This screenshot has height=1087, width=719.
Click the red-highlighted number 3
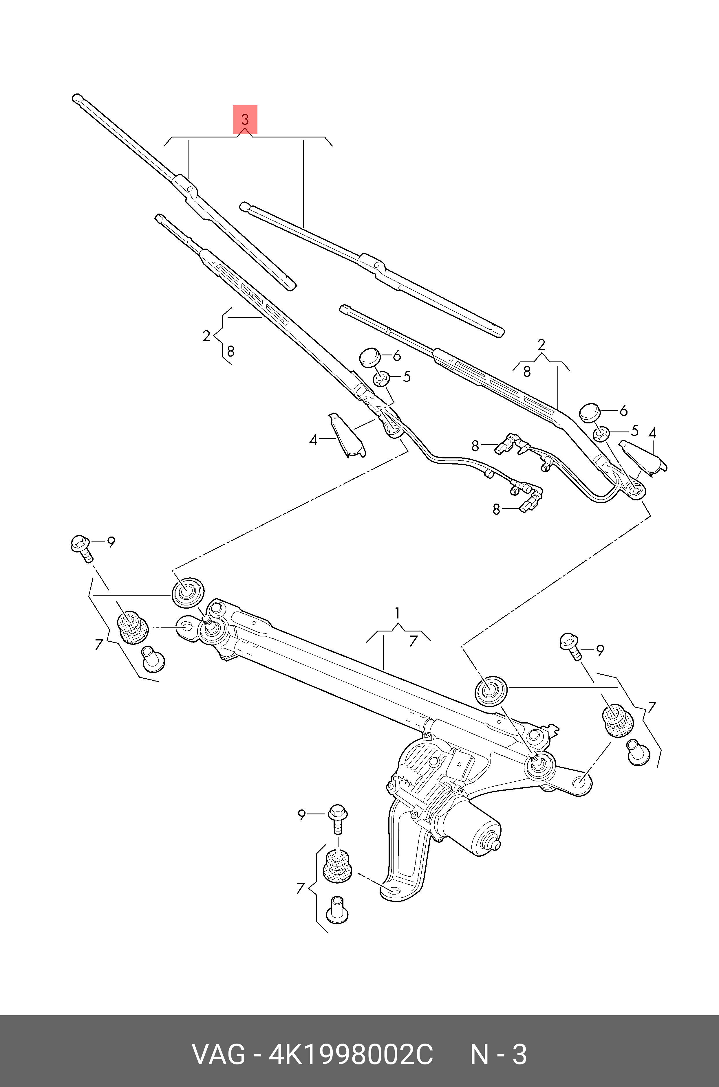click(x=245, y=119)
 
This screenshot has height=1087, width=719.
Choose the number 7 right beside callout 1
click(x=414, y=641)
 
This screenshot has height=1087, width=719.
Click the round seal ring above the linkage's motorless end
click(x=187, y=592)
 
